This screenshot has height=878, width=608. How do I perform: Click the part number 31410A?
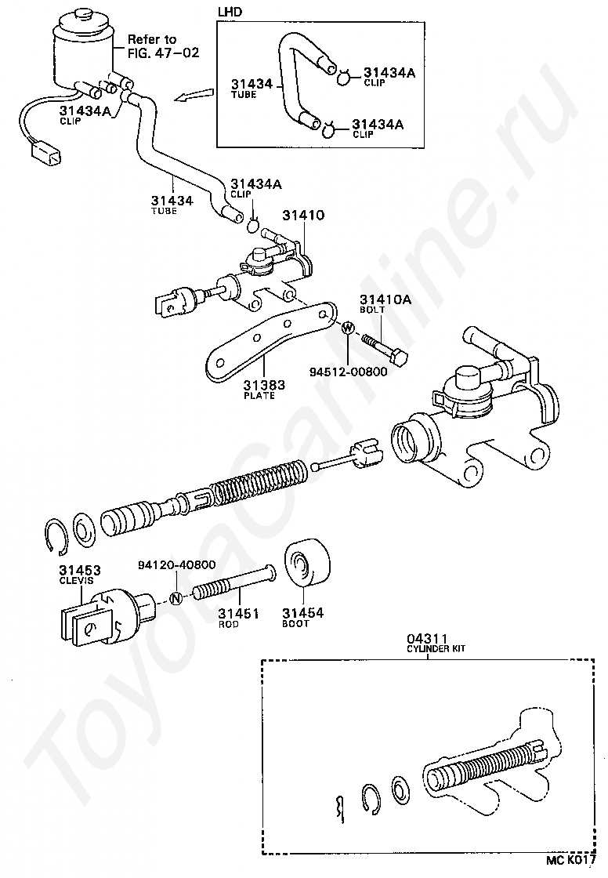click(379, 299)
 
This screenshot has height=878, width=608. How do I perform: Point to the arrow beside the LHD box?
click(191, 96)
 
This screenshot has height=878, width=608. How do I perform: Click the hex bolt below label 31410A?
click(384, 350)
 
